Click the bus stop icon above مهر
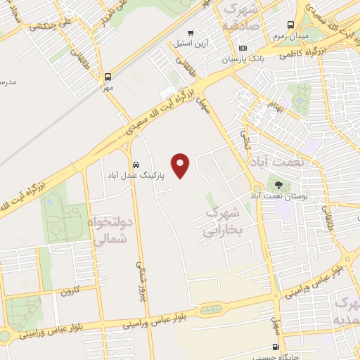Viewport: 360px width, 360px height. pos(108,77)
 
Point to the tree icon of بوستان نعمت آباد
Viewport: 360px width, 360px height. pos(279,186)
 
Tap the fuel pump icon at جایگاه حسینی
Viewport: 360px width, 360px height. pos(276,347)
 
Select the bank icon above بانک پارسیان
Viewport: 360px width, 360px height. pos(243,49)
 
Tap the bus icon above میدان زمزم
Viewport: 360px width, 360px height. pos(290,23)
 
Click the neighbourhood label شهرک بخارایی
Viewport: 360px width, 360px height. pos(223,221)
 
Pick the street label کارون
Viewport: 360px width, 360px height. pos(69,290)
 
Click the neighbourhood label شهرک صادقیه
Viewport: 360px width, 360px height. pos(240,18)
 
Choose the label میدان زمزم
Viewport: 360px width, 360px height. pos(290,36)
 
